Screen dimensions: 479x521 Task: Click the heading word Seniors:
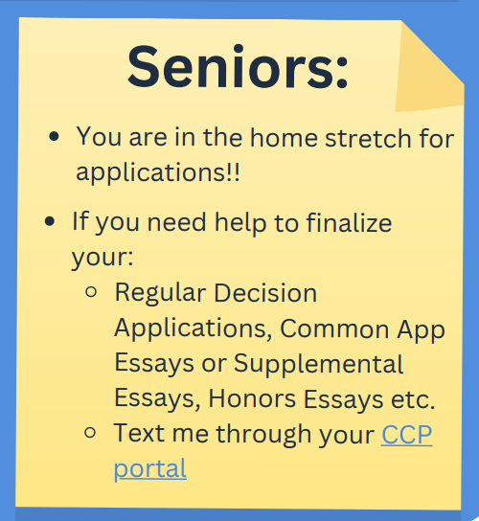[238, 67]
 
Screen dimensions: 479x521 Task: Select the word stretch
[368, 138]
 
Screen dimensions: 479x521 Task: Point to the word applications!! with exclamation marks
[158, 172]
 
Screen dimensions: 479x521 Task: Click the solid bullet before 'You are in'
[54, 137]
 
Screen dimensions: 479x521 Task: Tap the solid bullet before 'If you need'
[50, 221]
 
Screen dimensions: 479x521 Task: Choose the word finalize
[349, 222]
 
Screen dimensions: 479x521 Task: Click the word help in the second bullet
[240, 222]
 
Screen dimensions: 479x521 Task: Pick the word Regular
[160, 294]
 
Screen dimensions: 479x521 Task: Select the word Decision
[265, 293]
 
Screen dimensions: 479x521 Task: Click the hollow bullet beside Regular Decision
[91, 292]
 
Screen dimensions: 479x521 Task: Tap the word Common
[334, 328]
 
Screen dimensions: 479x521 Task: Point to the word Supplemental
[318, 365]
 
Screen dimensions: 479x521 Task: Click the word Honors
[252, 398]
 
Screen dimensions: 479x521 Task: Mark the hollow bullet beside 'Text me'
[90, 432]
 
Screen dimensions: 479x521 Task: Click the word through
[263, 434]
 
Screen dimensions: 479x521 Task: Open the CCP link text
[407, 434]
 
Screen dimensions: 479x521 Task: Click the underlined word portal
[150, 469]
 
